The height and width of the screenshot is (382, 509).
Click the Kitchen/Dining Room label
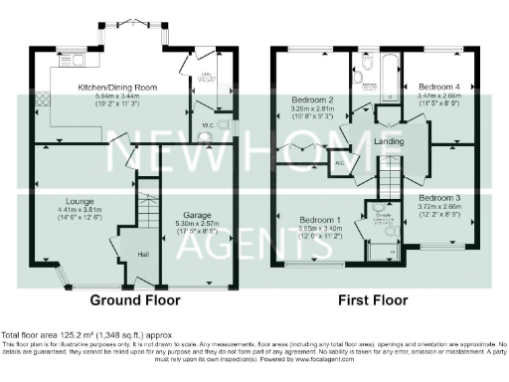(118, 88)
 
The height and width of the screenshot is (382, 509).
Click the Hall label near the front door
(143, 253)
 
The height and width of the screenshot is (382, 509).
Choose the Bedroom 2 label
(311, 100)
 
